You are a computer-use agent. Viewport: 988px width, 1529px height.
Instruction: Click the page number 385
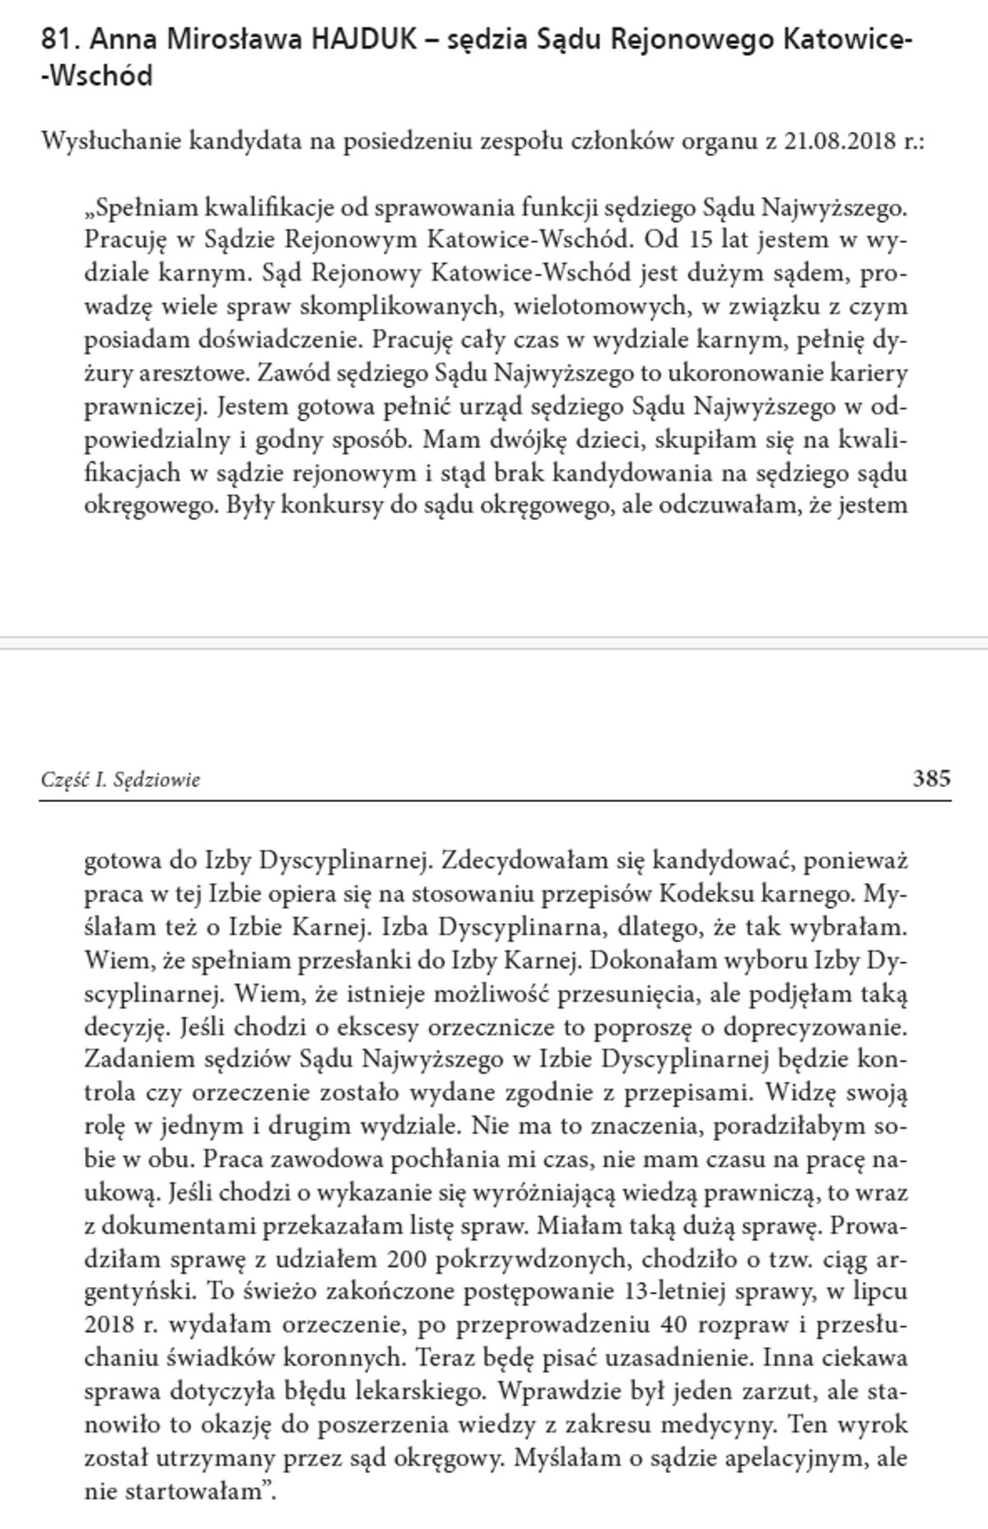pos(931,778)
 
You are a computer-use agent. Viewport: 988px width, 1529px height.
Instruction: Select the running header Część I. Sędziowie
pos(120,779)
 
